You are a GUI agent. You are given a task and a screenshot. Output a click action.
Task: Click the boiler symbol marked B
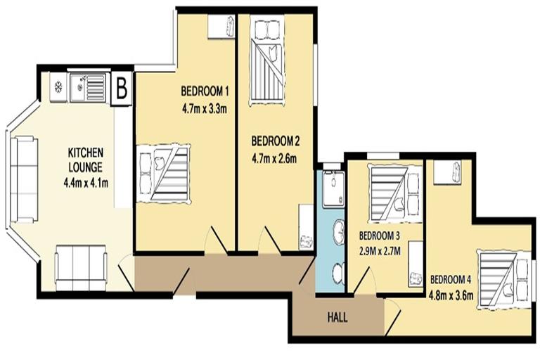pyautogui.click(x=122, y=89)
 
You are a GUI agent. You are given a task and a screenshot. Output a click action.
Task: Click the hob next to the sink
pyautogui.click(x=58, y=88)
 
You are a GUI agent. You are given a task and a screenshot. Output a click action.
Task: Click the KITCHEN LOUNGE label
pyautogui.click(x=86, y=160)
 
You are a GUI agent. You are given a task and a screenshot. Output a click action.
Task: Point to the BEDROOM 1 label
pyautogui.click(x=205, y=91)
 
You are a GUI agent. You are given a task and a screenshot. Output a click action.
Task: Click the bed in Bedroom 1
pyautogui.click(x=165, y=173)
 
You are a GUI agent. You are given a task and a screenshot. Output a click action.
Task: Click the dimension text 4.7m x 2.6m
pyautogui.click(x=274, y=158)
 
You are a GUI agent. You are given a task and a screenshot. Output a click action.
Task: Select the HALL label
pyautogui.click(x=337, y=317)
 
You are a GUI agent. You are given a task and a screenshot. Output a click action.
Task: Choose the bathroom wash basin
pyautogui.click(x=339, y=229)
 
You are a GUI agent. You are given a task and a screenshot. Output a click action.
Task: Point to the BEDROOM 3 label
pyautogui.click(x=379, y=235)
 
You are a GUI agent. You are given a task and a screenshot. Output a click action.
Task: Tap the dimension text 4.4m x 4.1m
pyautogui.click(x=86, y=184)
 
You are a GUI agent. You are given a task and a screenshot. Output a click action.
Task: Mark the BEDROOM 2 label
pyautogui.click(x=275, y=139)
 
